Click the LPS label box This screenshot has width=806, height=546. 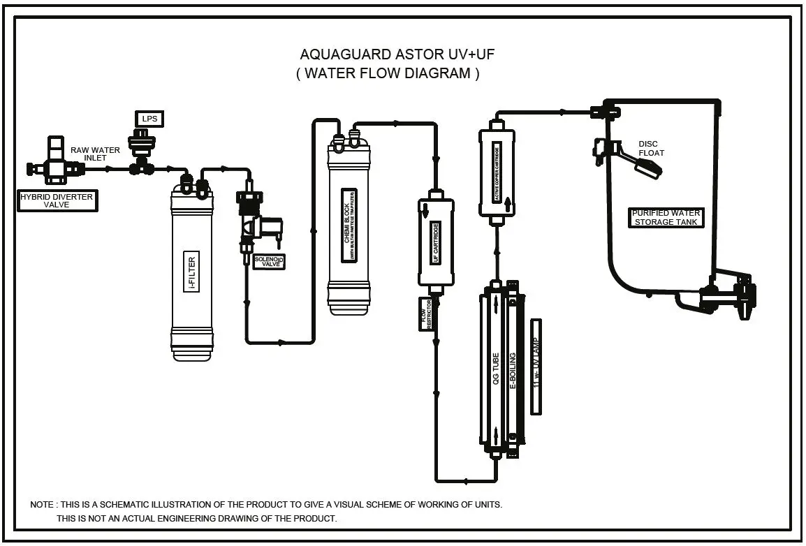[x=149, y=119]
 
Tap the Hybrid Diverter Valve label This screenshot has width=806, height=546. [x=57, y=201]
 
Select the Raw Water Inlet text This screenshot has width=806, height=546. [x=95, y=154]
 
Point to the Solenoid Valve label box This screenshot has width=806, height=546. [x=270, y=263]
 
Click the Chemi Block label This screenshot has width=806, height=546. [x=349, y=226]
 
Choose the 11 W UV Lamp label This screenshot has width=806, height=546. [x=536, y=366]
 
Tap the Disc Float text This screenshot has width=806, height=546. [x=650, y=149]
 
